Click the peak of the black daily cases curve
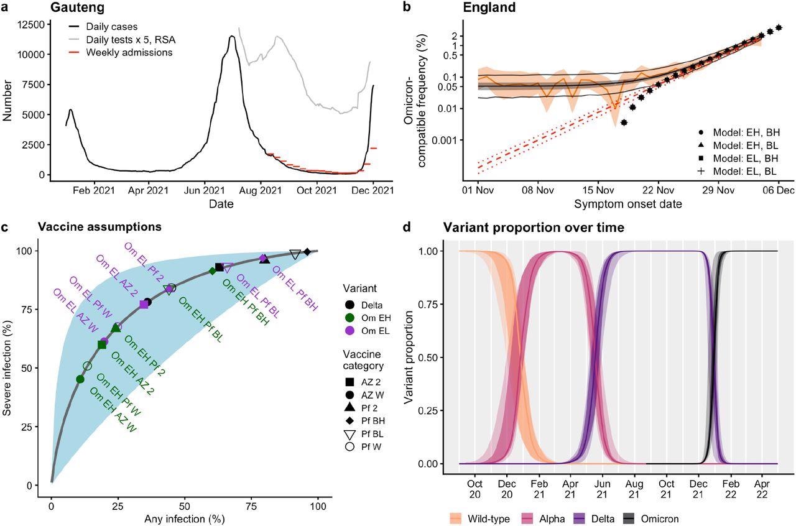tap(231, 37)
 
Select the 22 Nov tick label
tap(658, 191)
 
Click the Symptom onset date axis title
tap(627, 204)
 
